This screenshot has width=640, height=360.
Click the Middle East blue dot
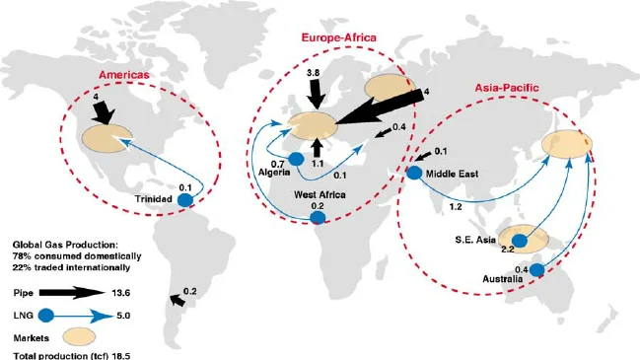413,174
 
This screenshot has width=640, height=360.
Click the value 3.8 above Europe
314,74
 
